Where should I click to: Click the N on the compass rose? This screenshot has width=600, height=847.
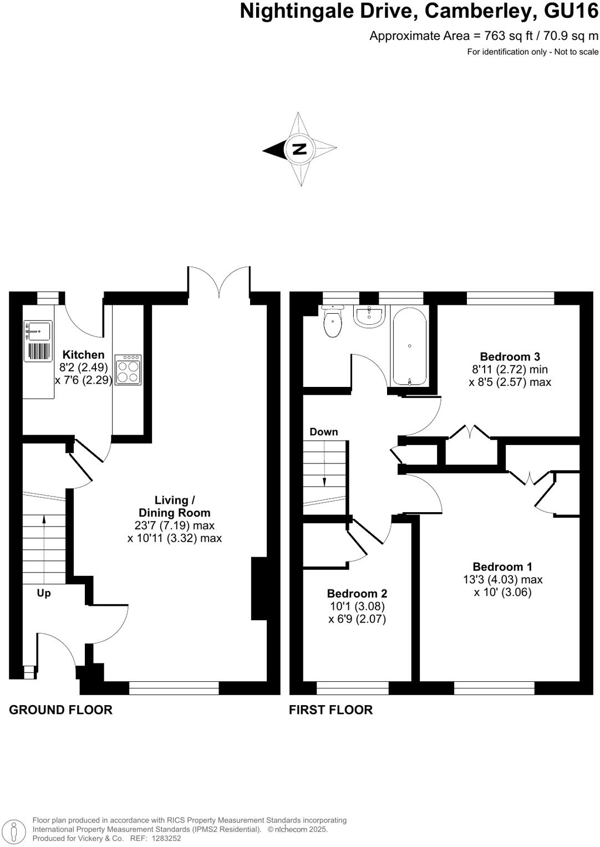(299, 149)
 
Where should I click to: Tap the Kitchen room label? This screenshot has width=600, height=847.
(83, 355)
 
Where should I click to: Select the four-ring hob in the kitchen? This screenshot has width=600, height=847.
(128, 370)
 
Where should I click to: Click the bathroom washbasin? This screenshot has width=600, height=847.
(369, 317)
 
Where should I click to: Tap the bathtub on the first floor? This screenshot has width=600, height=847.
(410, 346)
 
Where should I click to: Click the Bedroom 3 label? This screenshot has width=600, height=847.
(510, 356)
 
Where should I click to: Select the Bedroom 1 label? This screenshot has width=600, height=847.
(502, 567)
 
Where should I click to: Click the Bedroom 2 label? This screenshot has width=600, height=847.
(357, 593)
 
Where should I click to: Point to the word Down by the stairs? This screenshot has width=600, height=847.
(323, 432)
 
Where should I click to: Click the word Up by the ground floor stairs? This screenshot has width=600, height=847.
(44, 593)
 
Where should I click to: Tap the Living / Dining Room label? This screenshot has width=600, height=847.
(174, 507)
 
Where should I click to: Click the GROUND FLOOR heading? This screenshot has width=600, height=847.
(60, 710)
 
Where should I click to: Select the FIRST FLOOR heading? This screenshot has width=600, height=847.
(330, 710)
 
